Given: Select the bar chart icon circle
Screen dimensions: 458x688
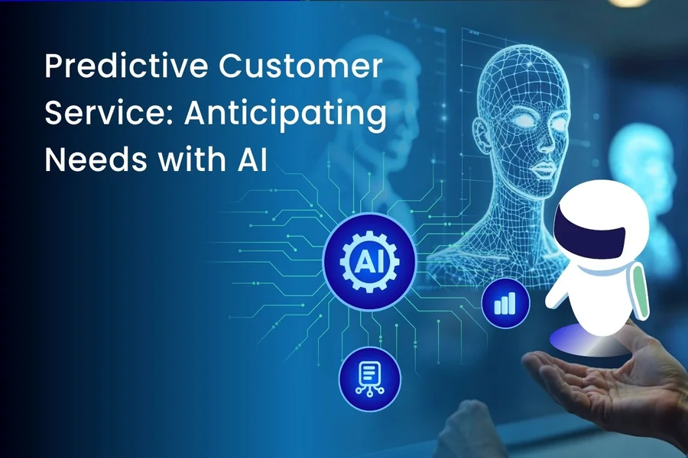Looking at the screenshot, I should click(505, 305).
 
